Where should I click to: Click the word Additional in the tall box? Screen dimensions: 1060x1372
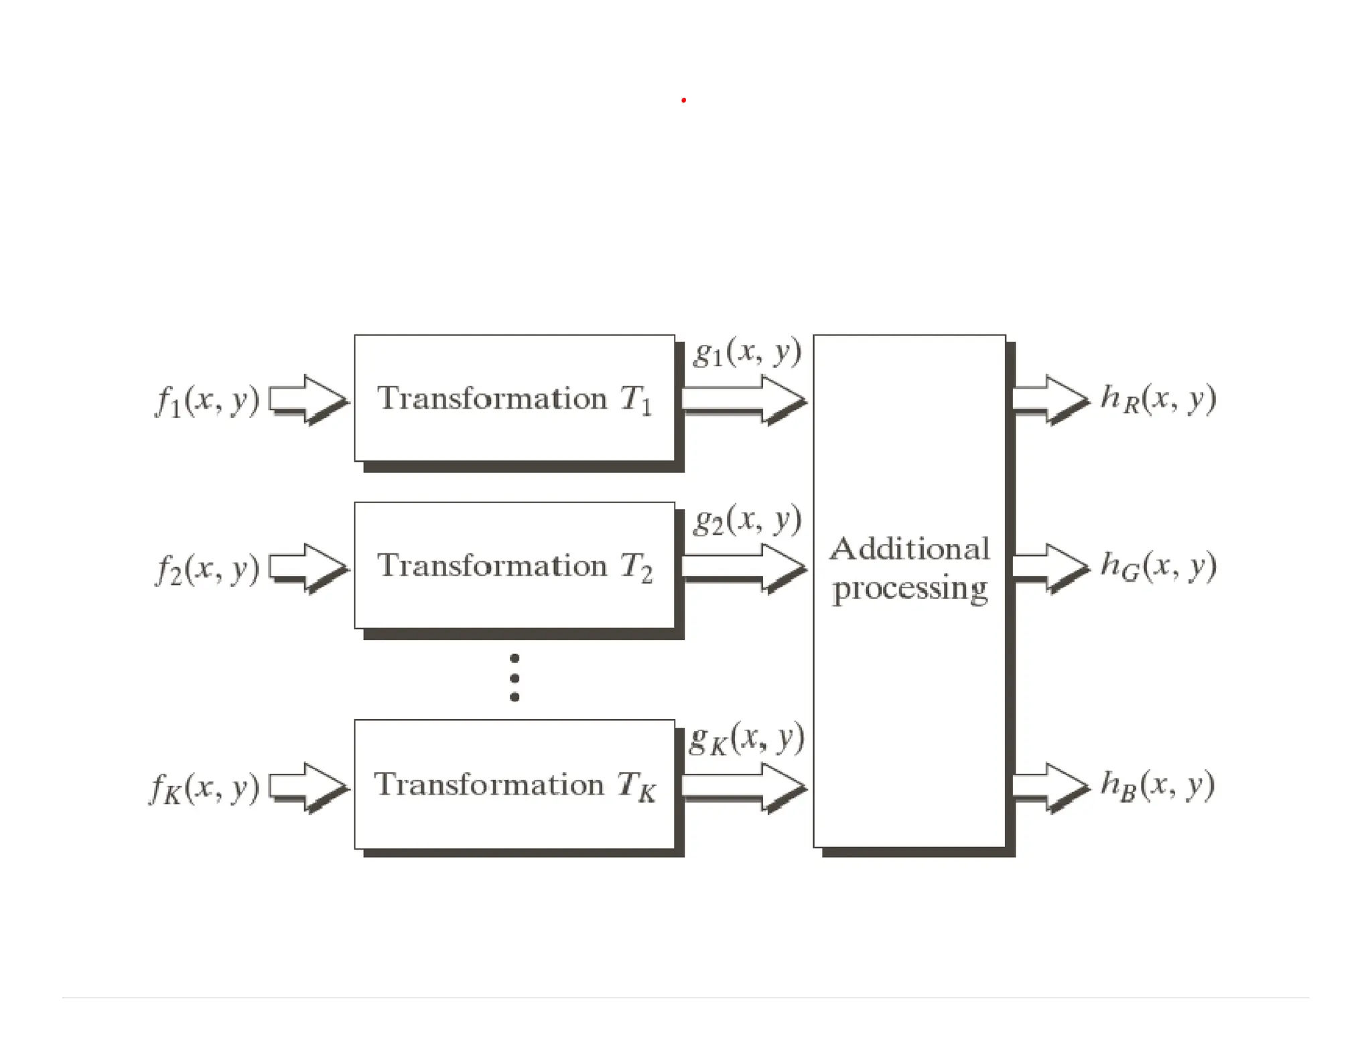[909, 549]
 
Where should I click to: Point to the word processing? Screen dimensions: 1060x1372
[909, 589]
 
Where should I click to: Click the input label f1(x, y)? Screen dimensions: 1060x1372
[207, 401]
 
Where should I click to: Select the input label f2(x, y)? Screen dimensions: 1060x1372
[207, 569]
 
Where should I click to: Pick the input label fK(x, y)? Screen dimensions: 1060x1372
[204, 788]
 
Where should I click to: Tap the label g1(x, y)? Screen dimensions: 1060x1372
[747, 351]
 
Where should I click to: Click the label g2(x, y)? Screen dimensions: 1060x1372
[747, 519]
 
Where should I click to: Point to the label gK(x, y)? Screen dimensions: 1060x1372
[746, 738]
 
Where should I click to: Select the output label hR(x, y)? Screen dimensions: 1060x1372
[1158, 399]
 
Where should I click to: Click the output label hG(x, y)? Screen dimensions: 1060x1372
[1158, 566]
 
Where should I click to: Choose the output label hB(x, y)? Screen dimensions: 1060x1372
[1157, 785]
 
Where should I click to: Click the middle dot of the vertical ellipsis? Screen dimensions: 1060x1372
[514, 678]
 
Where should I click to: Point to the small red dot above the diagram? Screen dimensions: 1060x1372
[683, 101]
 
